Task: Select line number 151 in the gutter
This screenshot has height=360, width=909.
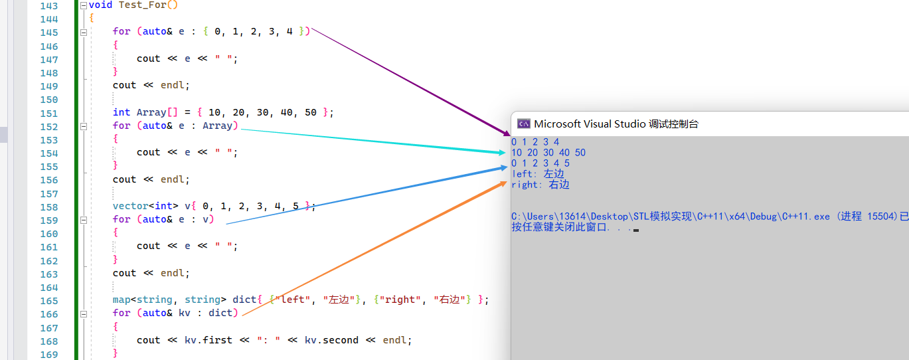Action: click(48, 113)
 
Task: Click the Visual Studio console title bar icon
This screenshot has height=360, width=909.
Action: click(524, 124)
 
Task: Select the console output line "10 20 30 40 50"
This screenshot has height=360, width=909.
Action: click(548, 153)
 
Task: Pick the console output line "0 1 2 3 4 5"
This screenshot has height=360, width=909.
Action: click(540, 163)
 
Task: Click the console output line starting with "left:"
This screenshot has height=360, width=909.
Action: click(537, 174)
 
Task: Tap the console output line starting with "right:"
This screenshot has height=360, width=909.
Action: click(540, 185)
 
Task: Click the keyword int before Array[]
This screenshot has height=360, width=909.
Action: click(122, 112)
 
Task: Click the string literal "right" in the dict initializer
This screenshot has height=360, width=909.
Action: click(400, 300)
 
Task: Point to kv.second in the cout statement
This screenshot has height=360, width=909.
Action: click(331, 340)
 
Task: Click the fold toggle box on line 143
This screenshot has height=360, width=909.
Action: click(83, 5)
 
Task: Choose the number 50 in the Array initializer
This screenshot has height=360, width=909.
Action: click(311, 112)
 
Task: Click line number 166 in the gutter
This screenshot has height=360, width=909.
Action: click(48, 314)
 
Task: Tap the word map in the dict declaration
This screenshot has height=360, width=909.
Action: click(122, 300)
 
